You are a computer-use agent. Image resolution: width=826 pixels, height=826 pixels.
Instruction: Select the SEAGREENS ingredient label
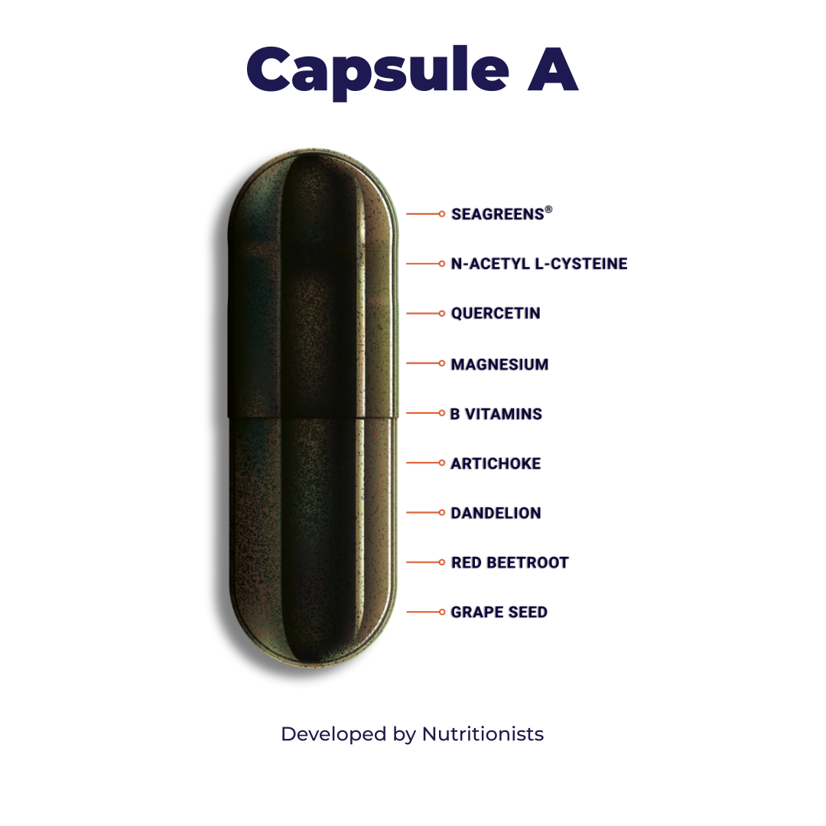pyautogui.click(x=499, y=214)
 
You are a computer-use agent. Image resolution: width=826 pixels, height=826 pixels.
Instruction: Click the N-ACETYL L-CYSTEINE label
pyautogui.click(x=539, y=264)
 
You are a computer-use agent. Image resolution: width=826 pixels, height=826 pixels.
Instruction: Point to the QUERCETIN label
pyautogui.click(x=496, y=314)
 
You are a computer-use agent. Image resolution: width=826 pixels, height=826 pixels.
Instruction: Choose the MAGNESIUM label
pyautogui.click(x=500, y=364)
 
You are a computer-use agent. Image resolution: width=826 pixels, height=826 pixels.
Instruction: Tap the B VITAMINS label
pyautogui.click(x=497, y=414)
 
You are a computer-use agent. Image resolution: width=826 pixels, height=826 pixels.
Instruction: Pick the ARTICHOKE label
pyautogui.click(x=496, y=463)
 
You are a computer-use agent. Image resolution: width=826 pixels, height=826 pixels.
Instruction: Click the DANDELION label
pyautogui.click(x=496, y=513)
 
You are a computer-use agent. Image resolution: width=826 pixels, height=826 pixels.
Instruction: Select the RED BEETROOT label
pyautogui.click(x=510, y=563)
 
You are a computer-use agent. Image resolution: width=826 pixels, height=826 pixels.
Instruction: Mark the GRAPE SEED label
pyautogui.click(x=499, y=613)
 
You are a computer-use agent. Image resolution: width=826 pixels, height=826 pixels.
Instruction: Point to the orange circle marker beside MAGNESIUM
pyautogui.click(x=442, y=363)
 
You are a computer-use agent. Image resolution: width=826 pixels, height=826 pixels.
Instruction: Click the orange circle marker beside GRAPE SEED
pyautogui.click(x=442, y=612)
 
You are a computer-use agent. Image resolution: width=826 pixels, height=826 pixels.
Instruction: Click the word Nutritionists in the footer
pyautogui.click(x=483, y=734)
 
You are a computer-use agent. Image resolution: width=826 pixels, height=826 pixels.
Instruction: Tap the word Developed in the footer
pyautogui.click(x=333, y=735)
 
